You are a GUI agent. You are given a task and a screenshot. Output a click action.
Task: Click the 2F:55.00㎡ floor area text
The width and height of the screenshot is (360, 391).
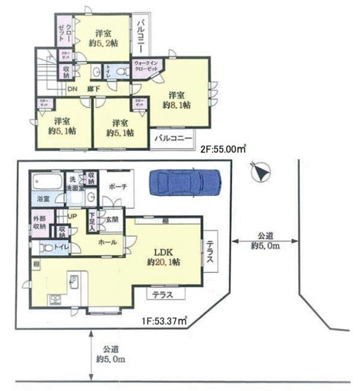point(225,150)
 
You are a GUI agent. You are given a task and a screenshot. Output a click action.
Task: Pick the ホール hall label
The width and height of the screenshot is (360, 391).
point(106,241)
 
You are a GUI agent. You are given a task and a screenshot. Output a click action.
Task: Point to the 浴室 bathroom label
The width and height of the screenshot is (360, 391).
point(43,199)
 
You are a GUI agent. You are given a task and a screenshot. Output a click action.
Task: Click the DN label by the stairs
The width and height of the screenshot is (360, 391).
point(72,89)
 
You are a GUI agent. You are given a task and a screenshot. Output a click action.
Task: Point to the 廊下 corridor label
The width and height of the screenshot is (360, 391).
point(92,89)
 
